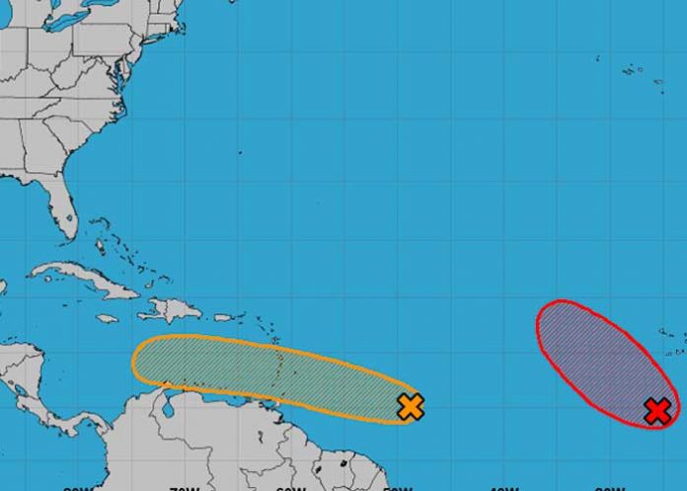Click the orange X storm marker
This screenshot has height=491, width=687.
point(411,405)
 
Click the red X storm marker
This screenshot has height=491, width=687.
point(656,410)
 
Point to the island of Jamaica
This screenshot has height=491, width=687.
point(107,318)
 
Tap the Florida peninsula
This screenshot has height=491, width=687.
point(63,212)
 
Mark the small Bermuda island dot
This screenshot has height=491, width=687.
point(239,152)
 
